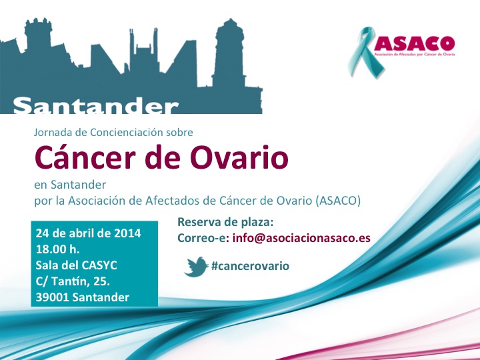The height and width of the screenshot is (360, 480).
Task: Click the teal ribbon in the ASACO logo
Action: pos(364,52)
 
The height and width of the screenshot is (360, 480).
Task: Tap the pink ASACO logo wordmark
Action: pos(414,43)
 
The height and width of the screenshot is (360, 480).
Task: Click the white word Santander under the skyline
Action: pos(95,105)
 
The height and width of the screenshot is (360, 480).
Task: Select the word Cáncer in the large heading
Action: pos(85,158)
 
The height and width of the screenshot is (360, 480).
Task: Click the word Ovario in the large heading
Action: pos(239,158)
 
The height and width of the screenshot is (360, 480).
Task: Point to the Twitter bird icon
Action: pos(196,267)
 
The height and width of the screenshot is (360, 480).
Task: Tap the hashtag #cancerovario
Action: pos(250,266)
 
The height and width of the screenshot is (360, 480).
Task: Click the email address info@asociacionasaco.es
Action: pos(301,238)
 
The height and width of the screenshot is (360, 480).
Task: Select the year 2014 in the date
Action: pos(127,233)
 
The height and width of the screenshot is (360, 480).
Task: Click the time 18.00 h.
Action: pos(57,249)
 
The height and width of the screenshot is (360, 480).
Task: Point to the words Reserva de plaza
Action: pos(225,222)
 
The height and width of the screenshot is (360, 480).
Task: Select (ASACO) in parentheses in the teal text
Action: pos(337,201)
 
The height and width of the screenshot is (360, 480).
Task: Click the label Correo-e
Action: pos(203,238)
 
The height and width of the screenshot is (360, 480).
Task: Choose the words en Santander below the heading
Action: pos(70,185)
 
